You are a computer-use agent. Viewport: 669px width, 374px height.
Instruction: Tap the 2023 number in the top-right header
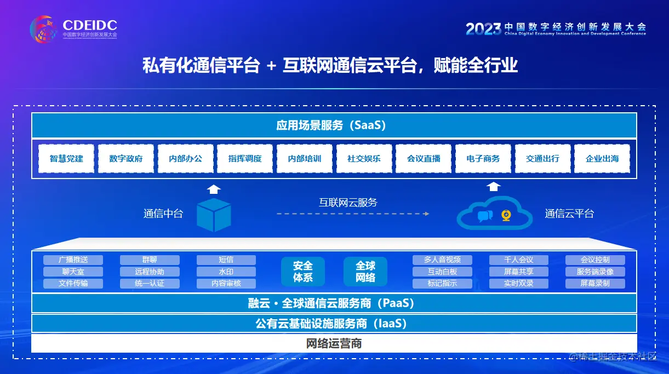(483, 28)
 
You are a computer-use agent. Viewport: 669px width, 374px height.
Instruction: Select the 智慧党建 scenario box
(66, 159)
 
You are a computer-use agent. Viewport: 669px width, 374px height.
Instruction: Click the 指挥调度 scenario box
(245, 159)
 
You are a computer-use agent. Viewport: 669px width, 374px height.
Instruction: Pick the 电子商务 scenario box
(483, 159)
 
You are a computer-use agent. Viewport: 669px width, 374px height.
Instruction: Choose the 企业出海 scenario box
(602, 159)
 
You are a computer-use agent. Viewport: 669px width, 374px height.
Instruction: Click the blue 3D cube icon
(214, 215)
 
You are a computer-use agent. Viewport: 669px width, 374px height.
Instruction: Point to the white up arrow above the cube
(214, 189)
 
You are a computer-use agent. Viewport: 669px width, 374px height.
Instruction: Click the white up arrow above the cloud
(494, 186)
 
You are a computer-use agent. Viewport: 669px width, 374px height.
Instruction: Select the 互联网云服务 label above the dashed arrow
(348, 202)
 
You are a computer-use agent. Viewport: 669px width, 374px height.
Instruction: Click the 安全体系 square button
(302, 272)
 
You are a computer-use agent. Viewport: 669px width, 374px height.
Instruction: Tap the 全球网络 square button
(365, 272)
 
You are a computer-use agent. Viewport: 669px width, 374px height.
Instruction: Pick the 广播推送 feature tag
(73, 260)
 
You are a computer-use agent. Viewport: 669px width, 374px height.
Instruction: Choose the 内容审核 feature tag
(226, 284)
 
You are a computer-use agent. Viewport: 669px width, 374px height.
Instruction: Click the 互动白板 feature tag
(442, 272)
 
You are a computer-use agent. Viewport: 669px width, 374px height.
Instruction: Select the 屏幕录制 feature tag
(595, 284)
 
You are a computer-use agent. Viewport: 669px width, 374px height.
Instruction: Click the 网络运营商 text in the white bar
(334, 344)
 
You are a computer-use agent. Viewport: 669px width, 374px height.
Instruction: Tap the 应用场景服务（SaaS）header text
(334, 125)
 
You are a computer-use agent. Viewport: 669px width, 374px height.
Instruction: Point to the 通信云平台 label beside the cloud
(569, 214)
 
